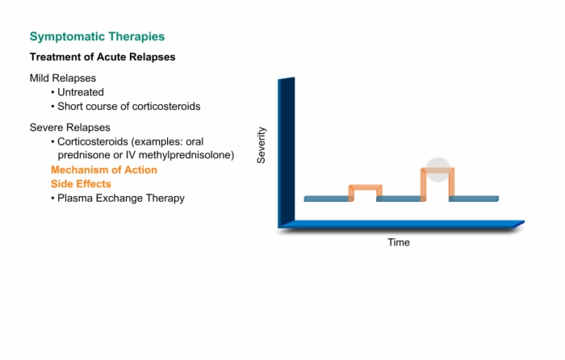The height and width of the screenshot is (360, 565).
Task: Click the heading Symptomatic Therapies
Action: click(97, 37)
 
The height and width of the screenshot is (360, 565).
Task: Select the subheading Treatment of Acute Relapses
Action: click(103, 57)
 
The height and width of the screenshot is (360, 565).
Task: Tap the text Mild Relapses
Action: click(63, 78)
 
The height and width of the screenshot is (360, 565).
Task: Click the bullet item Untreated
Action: click(81, 92)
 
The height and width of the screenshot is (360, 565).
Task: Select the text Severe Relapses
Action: click(70, 128)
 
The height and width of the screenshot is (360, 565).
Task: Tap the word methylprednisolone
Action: click(186, 155)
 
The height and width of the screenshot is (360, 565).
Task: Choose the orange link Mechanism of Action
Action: click(104, 170)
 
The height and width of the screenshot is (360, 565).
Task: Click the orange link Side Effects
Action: click(81, 184)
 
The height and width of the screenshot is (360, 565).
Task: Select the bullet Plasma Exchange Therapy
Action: click(121, 199)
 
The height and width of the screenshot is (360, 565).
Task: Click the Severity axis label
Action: click(262, 145)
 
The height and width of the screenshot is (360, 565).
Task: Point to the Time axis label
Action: click(399, 242)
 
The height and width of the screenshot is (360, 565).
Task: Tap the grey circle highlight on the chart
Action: click(438, 170)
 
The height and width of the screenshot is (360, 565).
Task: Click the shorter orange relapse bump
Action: click(366, 187)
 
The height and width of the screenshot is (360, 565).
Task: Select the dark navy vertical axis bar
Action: click(286, 152)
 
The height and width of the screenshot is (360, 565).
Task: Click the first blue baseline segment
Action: click(326, 199)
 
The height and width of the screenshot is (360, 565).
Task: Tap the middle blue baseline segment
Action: click(399, 199)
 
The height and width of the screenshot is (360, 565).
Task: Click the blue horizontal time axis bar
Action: click(401, 224)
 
